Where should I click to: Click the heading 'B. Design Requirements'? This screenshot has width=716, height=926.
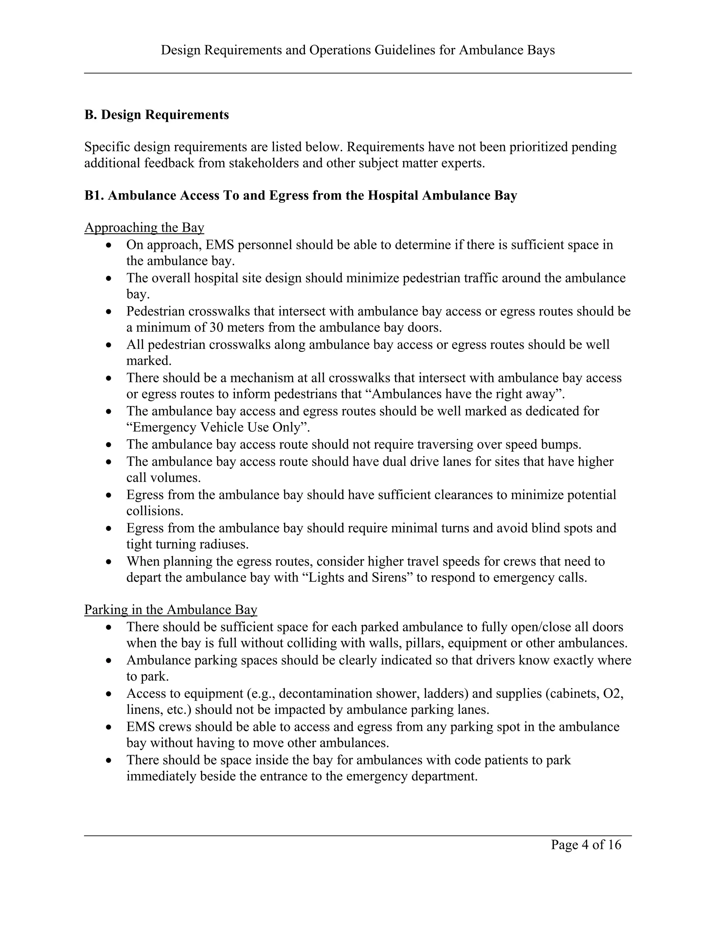(x=157, y=115)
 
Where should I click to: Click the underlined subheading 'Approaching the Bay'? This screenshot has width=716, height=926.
(x=144, y=228)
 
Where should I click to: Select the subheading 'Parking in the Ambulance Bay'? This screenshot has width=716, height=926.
(x=171, y=610)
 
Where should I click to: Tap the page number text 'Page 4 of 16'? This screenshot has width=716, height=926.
(x=586, y=845)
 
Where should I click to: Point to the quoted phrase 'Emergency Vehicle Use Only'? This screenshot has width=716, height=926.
(x=218, y=427)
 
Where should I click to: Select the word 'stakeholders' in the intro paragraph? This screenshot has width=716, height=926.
(x=263, y=163)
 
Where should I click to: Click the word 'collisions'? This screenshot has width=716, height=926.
(x=155, y=511)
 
